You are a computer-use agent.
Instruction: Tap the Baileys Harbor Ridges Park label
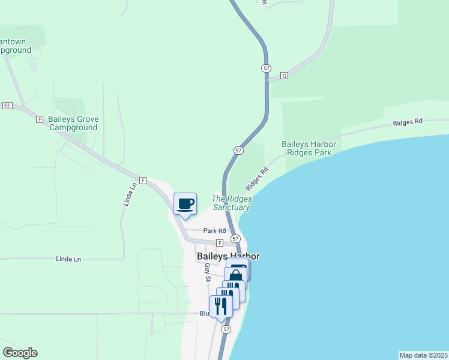pyautogui.click(x=309, y=148)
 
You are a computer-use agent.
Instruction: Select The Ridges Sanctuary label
pyautogui.click(x=231, y=203)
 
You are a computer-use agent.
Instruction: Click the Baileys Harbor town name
pyautogui.click(x=229, y=256)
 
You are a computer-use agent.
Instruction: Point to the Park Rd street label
pyautogui.click(x=214, y=230)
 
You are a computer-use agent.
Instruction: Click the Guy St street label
pyautogui.click(x=208, y=272)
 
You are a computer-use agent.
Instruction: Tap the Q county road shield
pyautogui.click(x=285, y=76)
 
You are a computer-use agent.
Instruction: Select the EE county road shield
pyautogui.click(x=7, y=106)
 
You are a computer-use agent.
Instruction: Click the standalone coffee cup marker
pyautogui.click(x=185, y=204)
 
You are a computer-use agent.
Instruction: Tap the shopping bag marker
pyautogui.click(x=236, y=276)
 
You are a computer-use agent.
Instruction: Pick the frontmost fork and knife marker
pyautogui.click(x=221, y=306)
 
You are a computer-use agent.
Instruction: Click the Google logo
pyautogui.click(x=20, y=353)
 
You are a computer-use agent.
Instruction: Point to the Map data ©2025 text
pyautogui.click(x=423, y=355)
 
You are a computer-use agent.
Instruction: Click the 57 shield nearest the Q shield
pyautogui.click(x=266, y=68)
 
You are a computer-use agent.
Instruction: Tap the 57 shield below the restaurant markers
pyautogui.click(x=226, y=329)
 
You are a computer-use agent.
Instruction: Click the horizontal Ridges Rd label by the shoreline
pyautogui.click(x=408, y=122)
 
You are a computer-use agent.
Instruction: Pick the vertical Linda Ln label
pyautogui.click(x=127, y=196)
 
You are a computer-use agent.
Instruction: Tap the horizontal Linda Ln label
pyautogui.click(x=68, y=259)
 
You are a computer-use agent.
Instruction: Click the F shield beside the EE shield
pyautogui.click(x=40, y=119)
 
